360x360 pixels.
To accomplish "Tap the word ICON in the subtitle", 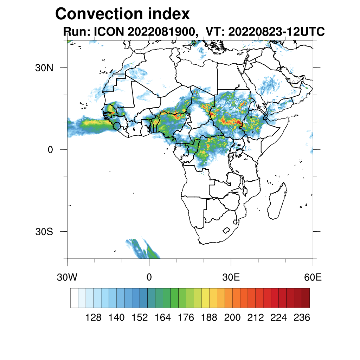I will [x=108, y=32].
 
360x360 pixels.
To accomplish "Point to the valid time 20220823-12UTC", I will [x=276, y=32].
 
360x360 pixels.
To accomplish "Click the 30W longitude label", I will [x=67, y=277].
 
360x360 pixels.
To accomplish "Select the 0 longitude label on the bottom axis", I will [x=149, y=277].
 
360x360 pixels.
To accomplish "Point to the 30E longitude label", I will [x=231, y=277].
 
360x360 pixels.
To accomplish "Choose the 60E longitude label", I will [x=313, y=277].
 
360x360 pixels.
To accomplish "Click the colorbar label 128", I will [x=94, y=317].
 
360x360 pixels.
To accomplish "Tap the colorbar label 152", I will [x=140, y=317].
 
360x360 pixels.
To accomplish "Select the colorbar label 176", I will [x=186, y=317].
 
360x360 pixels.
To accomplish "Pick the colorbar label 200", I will [x=232, y=317].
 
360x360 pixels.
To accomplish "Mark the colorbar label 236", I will [x=302, y=317].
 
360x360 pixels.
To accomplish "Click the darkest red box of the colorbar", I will [x=306, y=298].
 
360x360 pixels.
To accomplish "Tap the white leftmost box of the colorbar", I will [x=74, y=298].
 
